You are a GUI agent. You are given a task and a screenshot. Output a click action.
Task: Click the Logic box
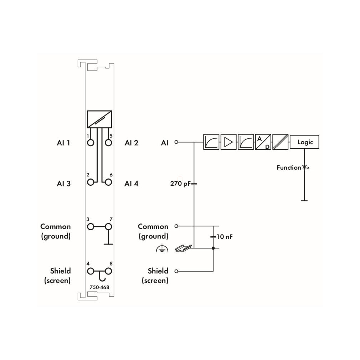coord(304,142)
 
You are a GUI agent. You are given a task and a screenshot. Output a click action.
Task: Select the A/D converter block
coord(263,142)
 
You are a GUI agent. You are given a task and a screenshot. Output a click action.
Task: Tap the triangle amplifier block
coord(228,142)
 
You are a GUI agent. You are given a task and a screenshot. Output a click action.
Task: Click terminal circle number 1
coord(91,143)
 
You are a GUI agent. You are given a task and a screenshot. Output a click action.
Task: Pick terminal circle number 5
coord(108,143)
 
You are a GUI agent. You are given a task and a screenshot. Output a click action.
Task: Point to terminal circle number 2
coord(91,182)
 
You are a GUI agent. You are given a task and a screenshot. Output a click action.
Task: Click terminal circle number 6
coord(108,182)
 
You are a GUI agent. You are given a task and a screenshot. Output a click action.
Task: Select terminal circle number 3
coord(91,227)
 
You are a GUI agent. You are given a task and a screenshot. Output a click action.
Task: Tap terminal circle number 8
coord(108,271)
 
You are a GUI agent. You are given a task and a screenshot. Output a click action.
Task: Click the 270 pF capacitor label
coord(180,184)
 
